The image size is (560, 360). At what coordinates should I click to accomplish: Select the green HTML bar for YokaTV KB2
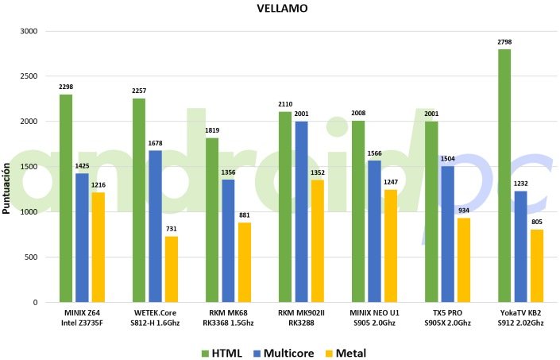pos(504,175)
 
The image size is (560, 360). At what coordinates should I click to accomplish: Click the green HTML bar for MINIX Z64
pos(65,198)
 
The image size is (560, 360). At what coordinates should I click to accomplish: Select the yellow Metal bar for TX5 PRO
pos(464,260)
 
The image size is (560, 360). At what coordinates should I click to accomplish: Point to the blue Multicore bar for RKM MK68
pos(228,241)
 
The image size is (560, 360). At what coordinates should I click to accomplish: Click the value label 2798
pos(504,41)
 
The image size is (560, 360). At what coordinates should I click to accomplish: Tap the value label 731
pos(172,228)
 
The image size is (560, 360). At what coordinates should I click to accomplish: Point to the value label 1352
pos(318,172)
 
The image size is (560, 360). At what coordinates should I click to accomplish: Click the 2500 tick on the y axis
pos(29,76)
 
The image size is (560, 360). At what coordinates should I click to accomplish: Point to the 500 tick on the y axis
pos(31,257)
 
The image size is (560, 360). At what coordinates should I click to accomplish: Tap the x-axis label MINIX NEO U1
pos(374,313)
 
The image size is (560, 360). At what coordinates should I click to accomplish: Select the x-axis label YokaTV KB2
pos(520,313)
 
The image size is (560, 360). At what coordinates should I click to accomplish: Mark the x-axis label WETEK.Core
pos(155,313)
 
